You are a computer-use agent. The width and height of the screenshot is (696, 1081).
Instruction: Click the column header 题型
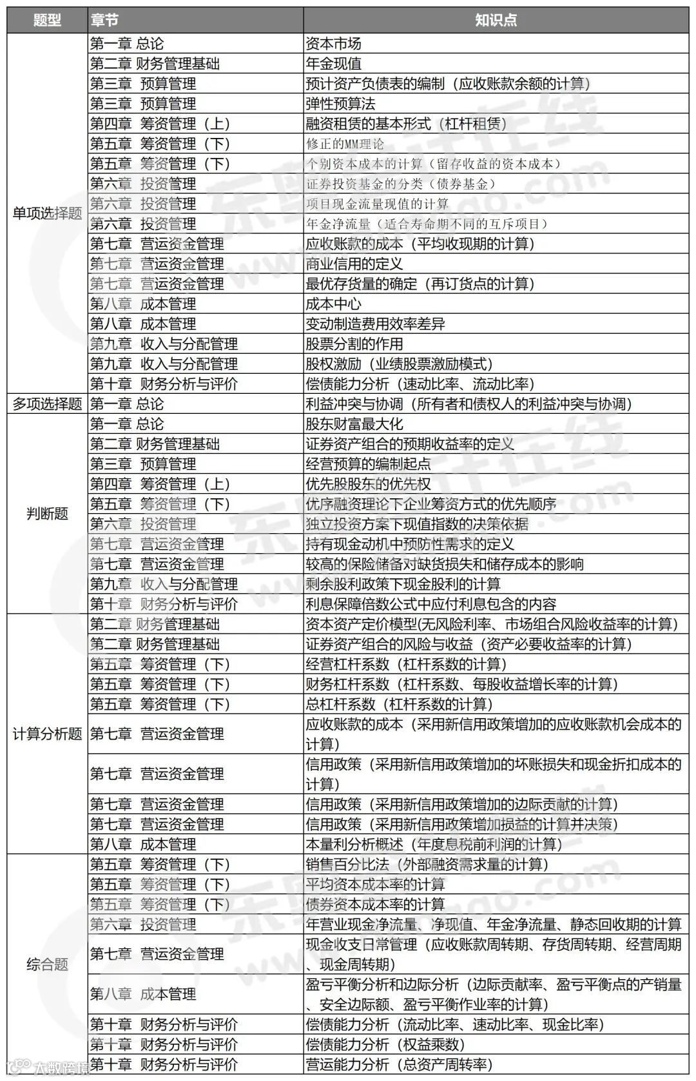coord(47,20)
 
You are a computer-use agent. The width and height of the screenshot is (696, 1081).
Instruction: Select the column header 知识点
coord(496,20)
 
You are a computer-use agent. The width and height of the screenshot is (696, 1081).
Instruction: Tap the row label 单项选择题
coord(47,214)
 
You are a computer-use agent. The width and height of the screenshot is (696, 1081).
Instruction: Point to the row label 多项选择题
coord(47,404)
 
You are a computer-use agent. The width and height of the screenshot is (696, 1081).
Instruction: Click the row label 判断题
coord(47,514)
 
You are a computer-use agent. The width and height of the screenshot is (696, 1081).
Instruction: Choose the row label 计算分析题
coord(47,734)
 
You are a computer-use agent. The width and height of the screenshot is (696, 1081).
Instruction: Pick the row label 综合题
coord(47,964)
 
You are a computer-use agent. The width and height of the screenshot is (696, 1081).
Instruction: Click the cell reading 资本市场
coord(333,44)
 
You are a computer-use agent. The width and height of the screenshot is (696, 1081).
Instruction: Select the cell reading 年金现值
coord(333,64)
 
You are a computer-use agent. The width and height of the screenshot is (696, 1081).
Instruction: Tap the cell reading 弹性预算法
coord(340,104)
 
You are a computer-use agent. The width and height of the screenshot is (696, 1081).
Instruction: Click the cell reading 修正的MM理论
coord(345,144)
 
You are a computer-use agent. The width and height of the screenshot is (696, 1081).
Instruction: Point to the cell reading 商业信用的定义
coord(354,264)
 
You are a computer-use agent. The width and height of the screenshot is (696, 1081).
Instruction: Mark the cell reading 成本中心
coord(333,304)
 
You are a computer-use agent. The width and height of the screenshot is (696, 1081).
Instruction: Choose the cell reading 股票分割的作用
coord(354,344)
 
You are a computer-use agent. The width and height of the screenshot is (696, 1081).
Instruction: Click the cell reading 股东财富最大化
coord(354,424)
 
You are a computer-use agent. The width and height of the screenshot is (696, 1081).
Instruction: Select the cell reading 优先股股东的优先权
coord(368,484)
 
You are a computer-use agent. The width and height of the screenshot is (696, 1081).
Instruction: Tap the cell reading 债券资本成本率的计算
coord(375,904)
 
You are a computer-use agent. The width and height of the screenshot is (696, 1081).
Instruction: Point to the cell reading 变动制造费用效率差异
coord(375,324)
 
